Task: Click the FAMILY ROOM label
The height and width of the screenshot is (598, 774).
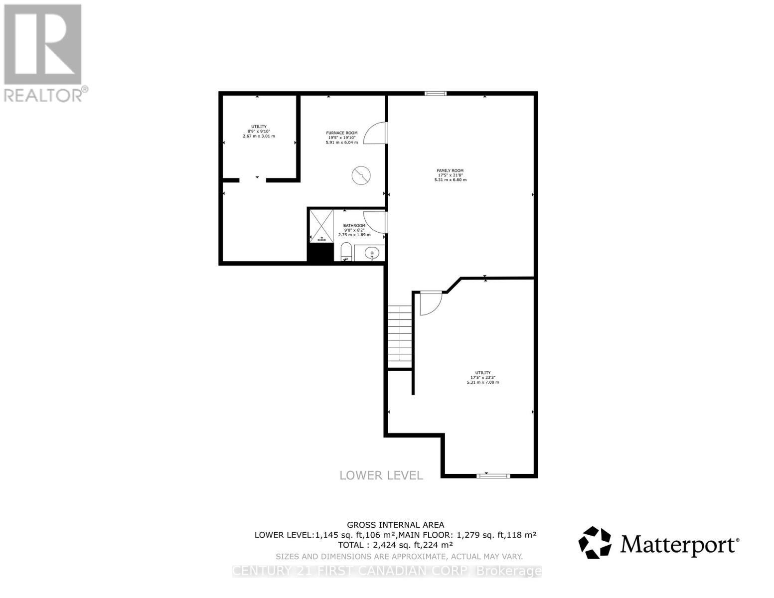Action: (x=450, y=171)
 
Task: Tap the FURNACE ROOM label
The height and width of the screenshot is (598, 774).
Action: (x=341, y=133)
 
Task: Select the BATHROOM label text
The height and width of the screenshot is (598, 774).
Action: (x=354, y=226)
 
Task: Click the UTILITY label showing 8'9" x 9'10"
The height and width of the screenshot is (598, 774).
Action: (x=259, y=127)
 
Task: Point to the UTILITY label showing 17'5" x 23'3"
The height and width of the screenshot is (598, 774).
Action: (x=482, y=373)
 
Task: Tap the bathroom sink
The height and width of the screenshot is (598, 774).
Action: (x=371, y=254)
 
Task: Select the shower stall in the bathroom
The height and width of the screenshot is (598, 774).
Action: (x=321, y=226)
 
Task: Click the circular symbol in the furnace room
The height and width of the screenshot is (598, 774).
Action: (x=361, y=175)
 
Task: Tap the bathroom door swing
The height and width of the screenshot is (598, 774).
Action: (x=375, y=222)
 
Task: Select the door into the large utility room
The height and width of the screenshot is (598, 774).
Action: (x=430, y=303)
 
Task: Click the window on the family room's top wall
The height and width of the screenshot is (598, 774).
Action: (x=435, y=93)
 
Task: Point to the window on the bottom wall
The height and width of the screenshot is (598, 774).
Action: (x=493, y=476)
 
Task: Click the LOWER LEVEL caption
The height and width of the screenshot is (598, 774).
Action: (x=381, y=475)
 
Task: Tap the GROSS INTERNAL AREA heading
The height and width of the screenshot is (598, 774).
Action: (x=395, y=524)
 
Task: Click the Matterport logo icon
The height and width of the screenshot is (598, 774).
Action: (x=595, y=543)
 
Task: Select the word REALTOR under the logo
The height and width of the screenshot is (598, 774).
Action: (x=43, y=95)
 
